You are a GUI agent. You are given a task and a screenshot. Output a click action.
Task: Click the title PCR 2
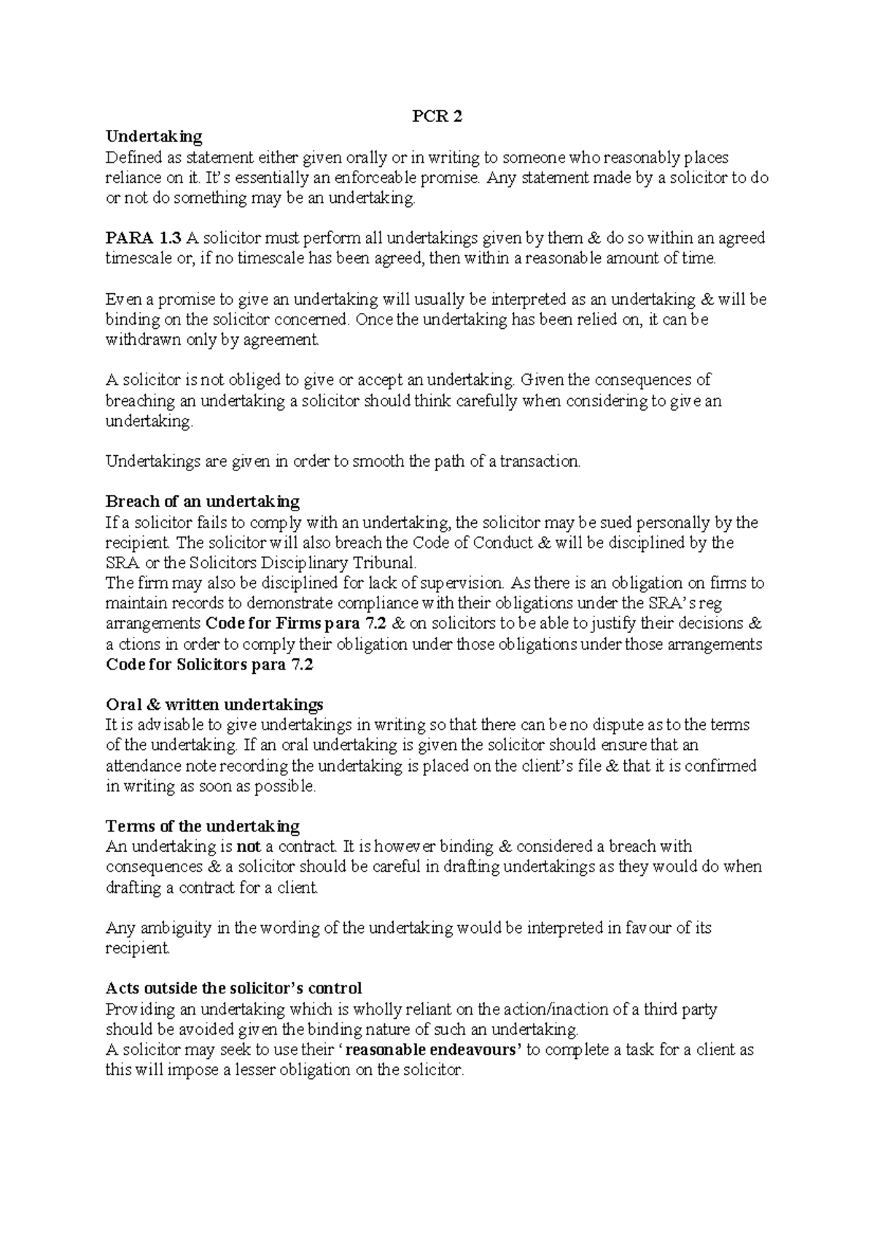click(x=437, y=117)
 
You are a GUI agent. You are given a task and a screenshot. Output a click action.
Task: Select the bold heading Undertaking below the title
click(x=154, y=136)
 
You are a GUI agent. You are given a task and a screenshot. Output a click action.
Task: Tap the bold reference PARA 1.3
click(x=144, y=238)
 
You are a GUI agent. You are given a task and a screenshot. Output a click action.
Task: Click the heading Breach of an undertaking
click(x=203, y=502)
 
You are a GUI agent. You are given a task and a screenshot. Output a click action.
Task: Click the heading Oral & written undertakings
click(x=214, y=705)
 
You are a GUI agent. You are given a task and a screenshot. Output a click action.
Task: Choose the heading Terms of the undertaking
click(x=203, y=826)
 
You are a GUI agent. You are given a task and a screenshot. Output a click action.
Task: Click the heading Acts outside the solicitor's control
click(x=233, y=989)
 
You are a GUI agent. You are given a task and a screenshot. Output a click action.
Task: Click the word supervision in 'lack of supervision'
click(x=465, y=583)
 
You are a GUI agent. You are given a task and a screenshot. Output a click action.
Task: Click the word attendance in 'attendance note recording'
click(x=141, y=766)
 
